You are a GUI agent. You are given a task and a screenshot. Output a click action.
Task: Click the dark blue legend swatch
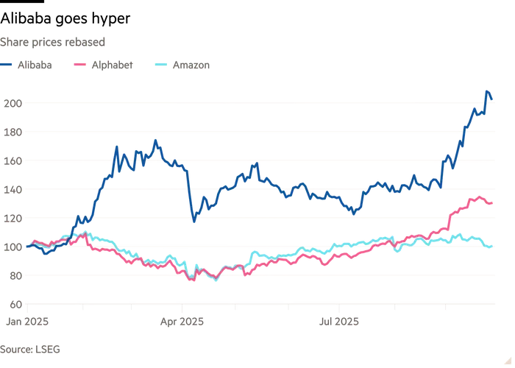[x=9, y=65]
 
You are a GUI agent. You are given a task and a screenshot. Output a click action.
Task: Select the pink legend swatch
[x=79, y=65]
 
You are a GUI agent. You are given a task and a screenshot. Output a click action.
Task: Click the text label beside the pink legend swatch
[x=112, y=65]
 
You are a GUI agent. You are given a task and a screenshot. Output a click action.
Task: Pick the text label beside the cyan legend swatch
[x=191, y=65]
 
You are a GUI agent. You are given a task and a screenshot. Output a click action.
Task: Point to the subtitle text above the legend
[x=55, y=40]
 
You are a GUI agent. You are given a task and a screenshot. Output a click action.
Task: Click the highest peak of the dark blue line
[x=487, y=92]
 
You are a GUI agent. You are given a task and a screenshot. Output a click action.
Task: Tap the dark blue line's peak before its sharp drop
[x=155, y=140]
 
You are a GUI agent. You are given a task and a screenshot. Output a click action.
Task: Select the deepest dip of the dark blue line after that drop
[x=193, y=219]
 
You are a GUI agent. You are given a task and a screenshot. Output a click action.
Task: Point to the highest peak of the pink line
[x=481, y=196]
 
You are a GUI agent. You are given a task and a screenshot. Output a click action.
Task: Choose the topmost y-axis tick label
[x=12, y=104]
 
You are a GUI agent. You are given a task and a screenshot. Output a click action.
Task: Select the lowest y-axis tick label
[x=12, y=302]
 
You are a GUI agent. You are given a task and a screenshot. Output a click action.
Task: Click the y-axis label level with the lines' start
[x=12, y=247]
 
